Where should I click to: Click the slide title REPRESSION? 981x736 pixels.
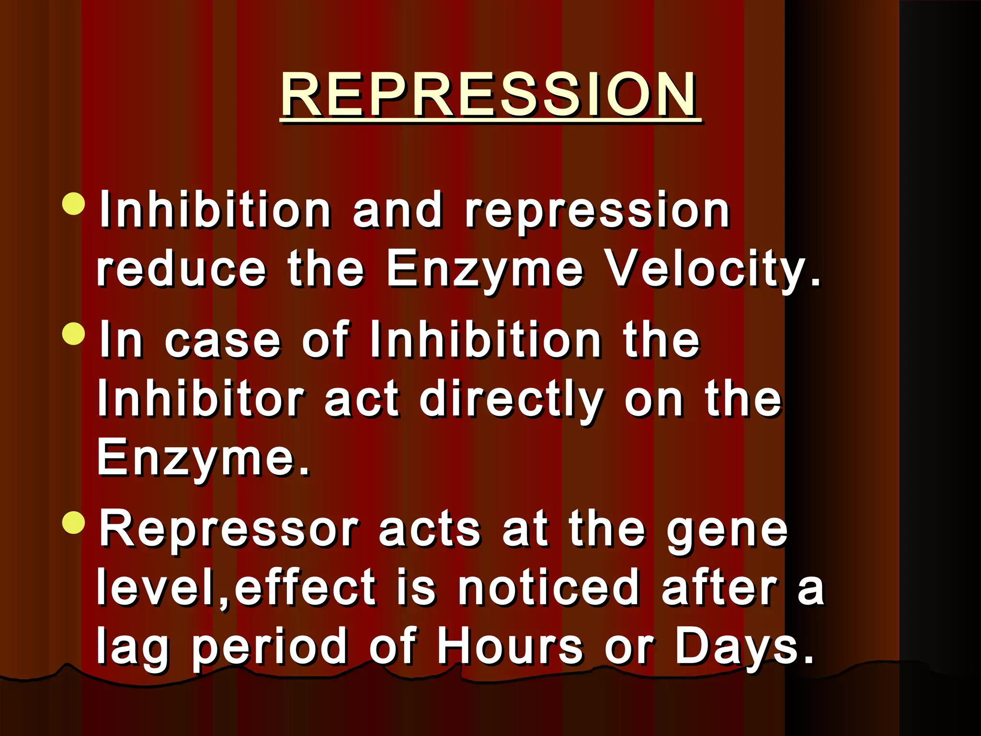coord(489,94)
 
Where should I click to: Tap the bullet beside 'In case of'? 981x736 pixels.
coord(74,333)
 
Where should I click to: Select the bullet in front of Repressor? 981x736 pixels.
coord(74,522)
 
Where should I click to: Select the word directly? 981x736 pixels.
coord(511,401)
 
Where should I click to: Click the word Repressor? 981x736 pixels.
coord(229,529)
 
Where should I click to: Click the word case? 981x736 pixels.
coord(222,341)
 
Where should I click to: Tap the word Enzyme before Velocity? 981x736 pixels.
coord(485,270)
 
